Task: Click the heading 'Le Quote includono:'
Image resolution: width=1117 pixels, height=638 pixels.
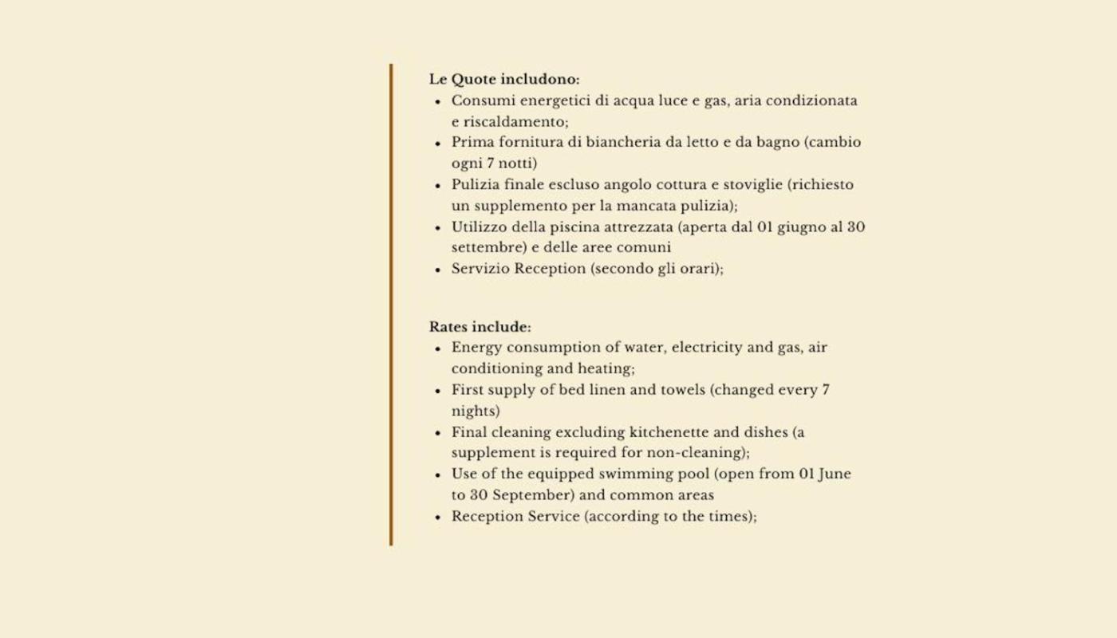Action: point(504,80)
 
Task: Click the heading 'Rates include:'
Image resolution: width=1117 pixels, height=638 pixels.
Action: point(480,327)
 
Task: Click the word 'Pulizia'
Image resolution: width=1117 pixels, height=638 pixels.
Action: point(475,185)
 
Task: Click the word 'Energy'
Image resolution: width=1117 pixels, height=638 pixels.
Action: point(476,348)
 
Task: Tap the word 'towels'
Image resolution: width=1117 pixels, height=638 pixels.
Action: point(682,391)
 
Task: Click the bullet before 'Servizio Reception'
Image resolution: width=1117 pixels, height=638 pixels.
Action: point(437,270)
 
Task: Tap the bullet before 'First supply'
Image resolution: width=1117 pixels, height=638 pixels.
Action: point(437,392)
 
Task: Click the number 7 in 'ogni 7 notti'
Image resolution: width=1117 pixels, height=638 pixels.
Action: point(490,163)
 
